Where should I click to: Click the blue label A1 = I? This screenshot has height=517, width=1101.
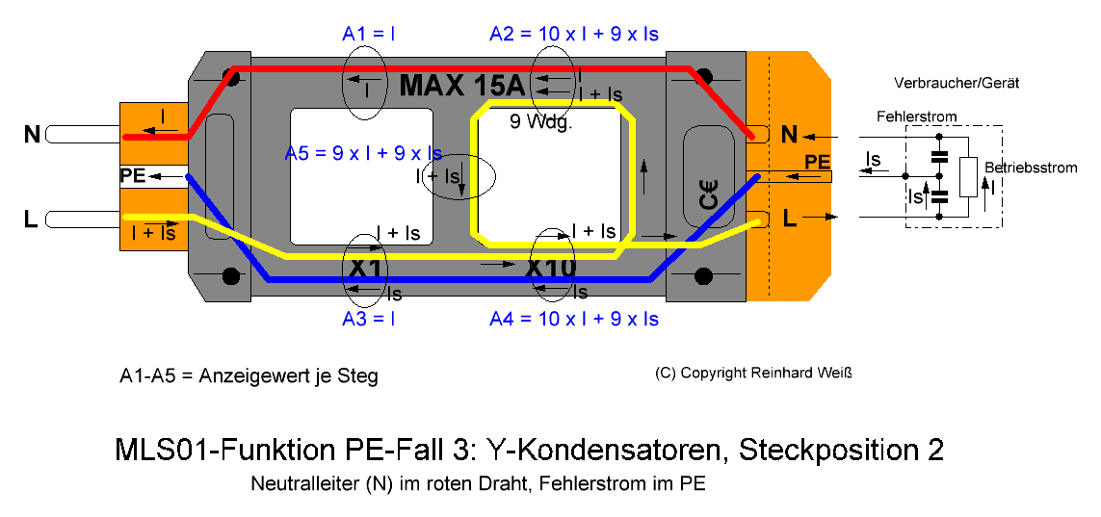tap(368, 34)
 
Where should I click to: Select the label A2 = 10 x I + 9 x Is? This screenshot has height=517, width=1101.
tap(574, 34)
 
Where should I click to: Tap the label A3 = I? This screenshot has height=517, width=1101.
tap(368, 319)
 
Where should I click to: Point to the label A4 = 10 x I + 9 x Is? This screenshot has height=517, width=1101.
tap(574, 319)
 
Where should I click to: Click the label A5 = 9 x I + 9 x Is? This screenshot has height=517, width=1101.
tap(363, 154)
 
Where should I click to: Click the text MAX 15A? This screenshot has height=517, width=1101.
tap(462, 86)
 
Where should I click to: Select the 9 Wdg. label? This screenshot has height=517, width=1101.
tap(541, 122)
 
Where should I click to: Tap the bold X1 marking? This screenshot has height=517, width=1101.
tap(363, 268)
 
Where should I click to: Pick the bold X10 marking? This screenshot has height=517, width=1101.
tap(551, 268)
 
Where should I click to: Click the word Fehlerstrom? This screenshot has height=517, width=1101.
tap(916, 116)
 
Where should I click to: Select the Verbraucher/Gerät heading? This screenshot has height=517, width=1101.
tap(957, 83)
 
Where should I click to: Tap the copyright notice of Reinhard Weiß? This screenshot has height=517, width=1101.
tap(752, 373)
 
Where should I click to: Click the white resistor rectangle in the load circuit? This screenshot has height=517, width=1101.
tap(969, 177)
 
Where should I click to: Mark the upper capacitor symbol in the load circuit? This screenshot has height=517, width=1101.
tap(939, 156)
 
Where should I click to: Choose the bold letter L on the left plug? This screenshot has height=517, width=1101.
tap(30, 220)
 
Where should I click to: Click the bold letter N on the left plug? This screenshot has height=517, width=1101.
tap(32, 134)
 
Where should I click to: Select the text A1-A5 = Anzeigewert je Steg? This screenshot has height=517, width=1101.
tap(249, 376)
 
